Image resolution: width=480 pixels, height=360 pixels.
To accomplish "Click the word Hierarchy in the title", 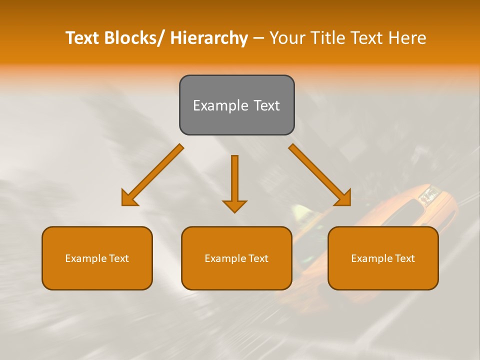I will pyautogui.click(x=208, y=38).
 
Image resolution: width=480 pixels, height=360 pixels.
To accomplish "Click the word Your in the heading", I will pyautogui.click(x=288, y=38).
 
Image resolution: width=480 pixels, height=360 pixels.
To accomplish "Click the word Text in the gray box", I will pyautogui.click(x=266, y=105).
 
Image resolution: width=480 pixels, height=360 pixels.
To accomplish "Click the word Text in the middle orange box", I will pyautogui.click(x=258, y=258).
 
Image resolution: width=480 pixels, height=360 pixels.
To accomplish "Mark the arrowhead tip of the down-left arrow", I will pyautogui.click(x=123, y=204).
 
